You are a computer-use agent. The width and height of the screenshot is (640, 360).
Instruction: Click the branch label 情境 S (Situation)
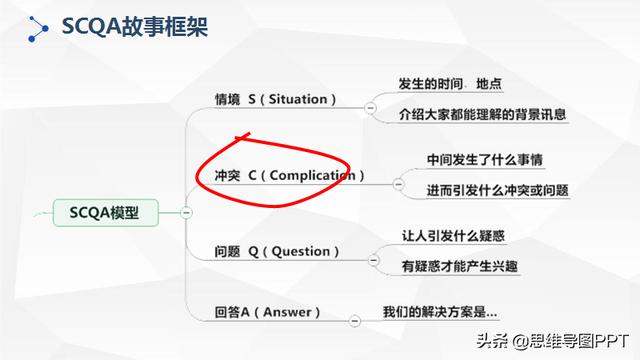[276, 99]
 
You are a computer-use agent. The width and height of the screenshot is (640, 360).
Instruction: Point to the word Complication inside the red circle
[310, 175]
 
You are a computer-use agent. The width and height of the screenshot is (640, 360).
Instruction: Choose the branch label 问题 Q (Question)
[271, 250]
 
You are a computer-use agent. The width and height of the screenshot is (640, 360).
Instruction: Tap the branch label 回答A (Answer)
[267, 311]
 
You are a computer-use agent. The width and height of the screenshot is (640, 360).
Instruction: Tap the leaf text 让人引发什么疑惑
[452, 236]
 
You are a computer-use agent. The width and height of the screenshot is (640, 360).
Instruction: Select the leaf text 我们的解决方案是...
[439, 311]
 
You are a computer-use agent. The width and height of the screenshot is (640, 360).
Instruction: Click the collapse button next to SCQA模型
[186, 212]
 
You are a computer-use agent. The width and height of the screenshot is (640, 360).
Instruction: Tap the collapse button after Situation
[371, 106]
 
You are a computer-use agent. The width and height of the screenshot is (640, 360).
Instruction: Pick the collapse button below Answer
[355, 320]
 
